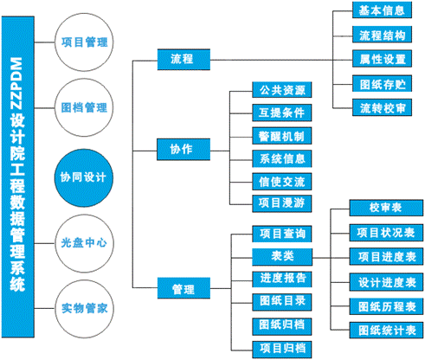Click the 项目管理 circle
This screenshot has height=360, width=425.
pyautogui.click(x=85, y=41)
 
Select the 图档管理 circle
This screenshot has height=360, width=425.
pyautogui.click(x=85, y=108)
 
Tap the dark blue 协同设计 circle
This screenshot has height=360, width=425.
pyautogui.click(x=85, y=176)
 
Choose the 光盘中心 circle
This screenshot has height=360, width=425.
pyautogui.click(x=85, y=244)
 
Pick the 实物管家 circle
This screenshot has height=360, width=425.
pyautogui.click(x=85, y=309)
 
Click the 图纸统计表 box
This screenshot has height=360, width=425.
pyautogui.click(x=385, y=331)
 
